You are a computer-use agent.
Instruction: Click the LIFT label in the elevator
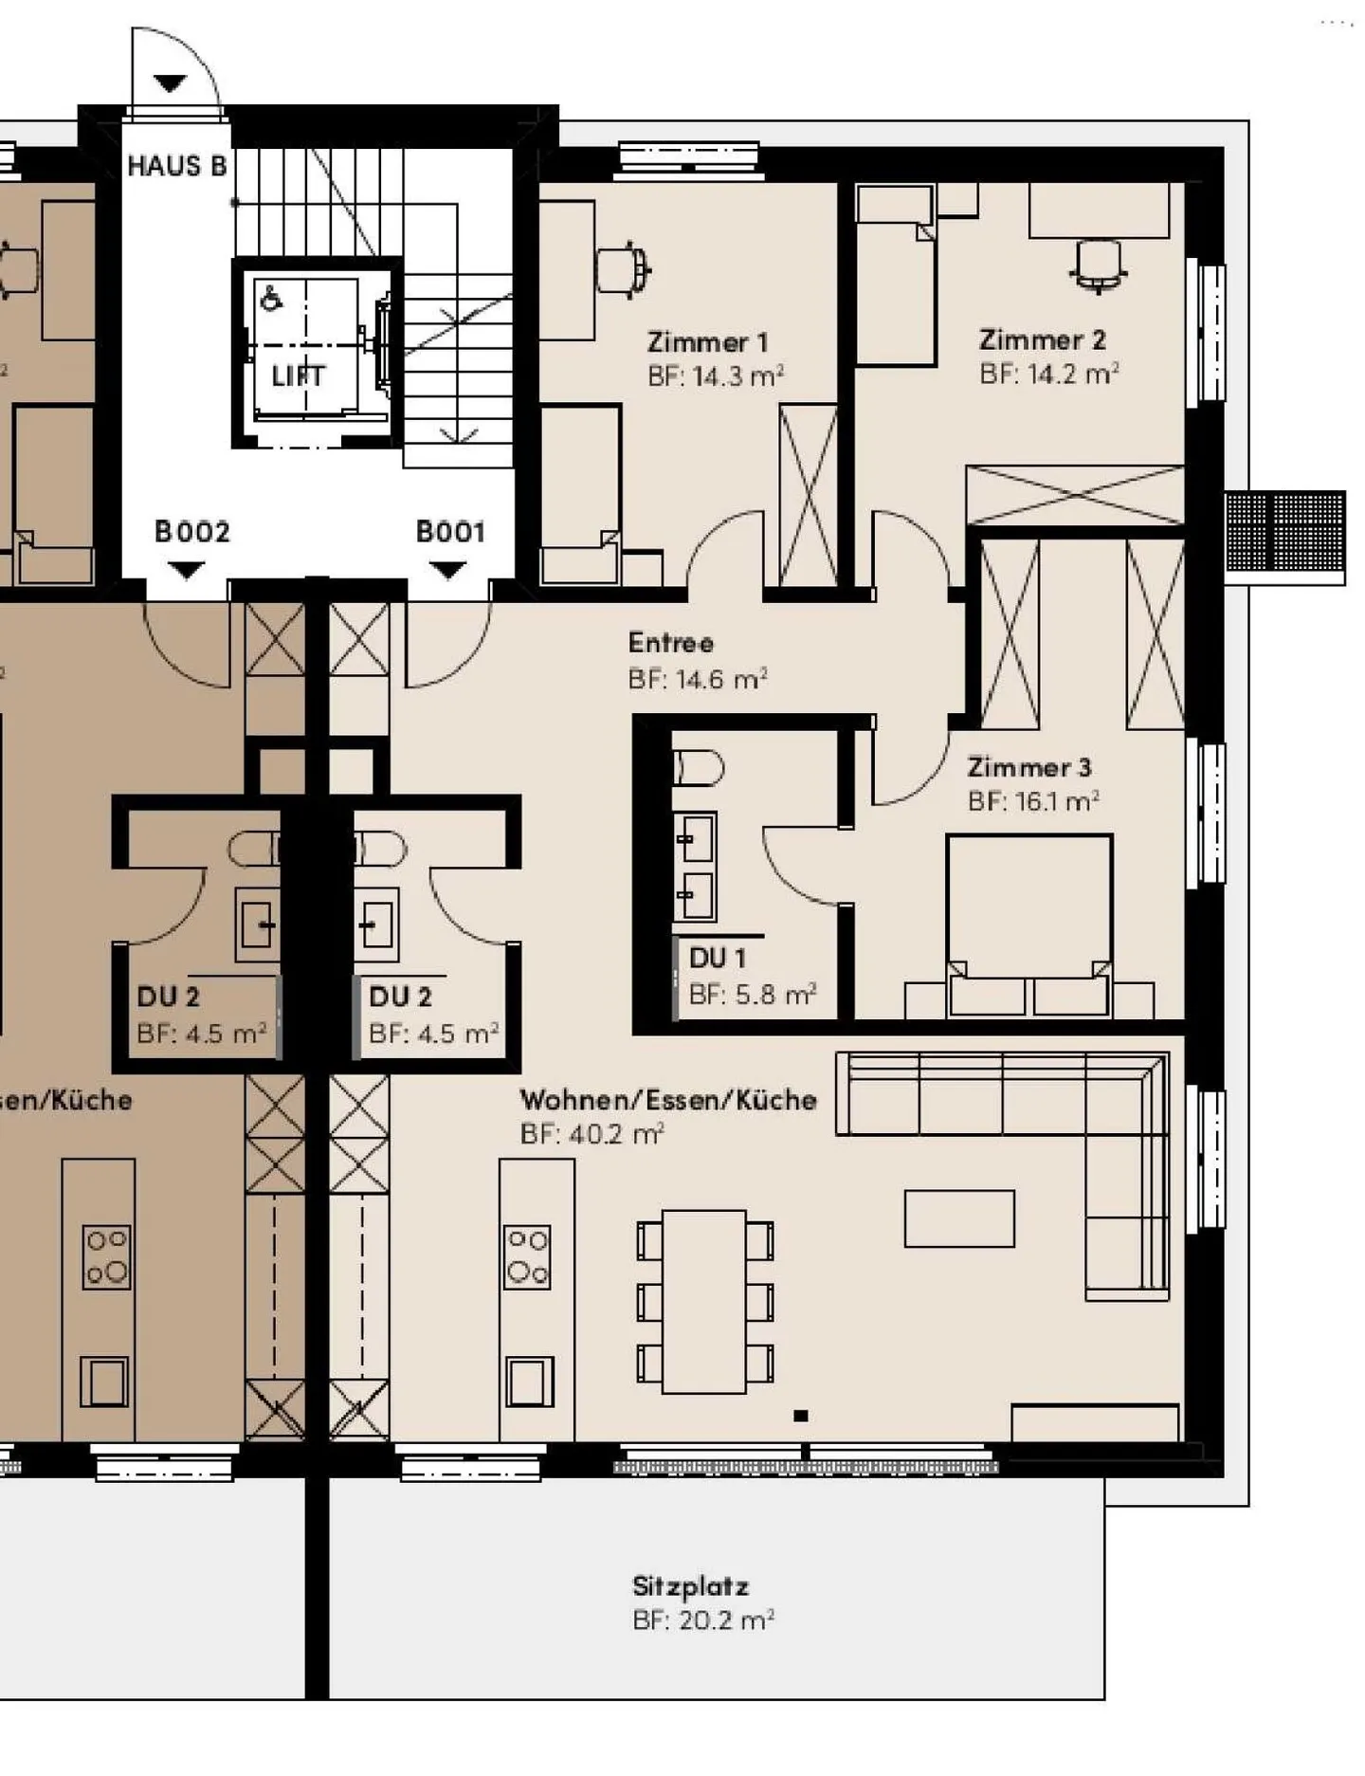[298, 375]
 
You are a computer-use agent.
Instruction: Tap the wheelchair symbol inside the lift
[270, 299]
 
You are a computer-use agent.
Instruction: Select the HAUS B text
[177, 166]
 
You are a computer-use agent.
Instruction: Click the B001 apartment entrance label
[450, 531]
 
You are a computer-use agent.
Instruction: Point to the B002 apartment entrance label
[192, 531]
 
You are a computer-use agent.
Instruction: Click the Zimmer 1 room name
[707, 341]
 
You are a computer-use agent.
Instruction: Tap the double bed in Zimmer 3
[1028, 920]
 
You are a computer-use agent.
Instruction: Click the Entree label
[670, 643]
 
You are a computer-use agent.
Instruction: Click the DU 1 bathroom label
[718, 958]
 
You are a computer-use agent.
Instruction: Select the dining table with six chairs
[704, 1301]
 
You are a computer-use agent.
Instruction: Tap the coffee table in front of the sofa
[959, 1218]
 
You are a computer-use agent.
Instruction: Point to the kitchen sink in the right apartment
[529, 1381]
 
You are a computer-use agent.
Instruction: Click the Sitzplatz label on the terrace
[690, 1586]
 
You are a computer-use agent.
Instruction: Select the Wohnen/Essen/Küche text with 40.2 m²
[667, 1100]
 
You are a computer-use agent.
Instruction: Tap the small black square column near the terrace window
[800, 1416]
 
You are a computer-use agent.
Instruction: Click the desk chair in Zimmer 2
[1099, 265]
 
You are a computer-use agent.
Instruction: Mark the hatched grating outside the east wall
[1284, 532]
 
